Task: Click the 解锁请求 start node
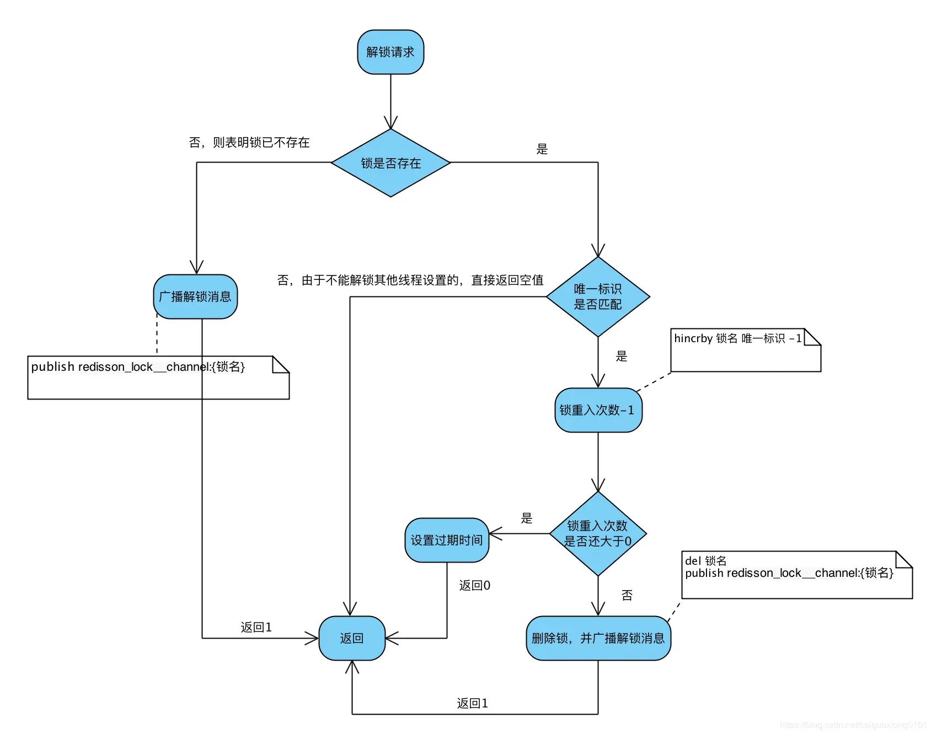click(x=390, y=52)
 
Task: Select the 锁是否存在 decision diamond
click(x=390, y=163)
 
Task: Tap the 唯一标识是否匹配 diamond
click(x=598, y=296)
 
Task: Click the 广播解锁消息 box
click(x=195, y=297)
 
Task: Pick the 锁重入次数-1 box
click(x=598, y=410)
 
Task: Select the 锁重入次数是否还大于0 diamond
click(x=598, y=533)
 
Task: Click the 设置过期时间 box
click(x=447, y=541)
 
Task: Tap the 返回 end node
click(x=352, y=639)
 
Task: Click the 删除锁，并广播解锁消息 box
click(x=598, y=639)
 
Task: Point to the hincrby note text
click(x=737, y=338)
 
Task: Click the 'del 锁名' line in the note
click(x=705, y=561)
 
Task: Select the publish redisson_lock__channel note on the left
click(x=138, y=367)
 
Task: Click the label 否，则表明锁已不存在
click(x=249, y=143)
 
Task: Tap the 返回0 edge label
click(x=474, y=585)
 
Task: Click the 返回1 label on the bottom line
click(x=472, y=704)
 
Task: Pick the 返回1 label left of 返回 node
click(x=256, y=628)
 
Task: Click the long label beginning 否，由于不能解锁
click(x=410, y=280)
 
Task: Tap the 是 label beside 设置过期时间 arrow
click(x=527, y=518)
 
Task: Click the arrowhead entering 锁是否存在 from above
click(x=390, y=123)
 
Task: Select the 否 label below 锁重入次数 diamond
click(x=627, y=595)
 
